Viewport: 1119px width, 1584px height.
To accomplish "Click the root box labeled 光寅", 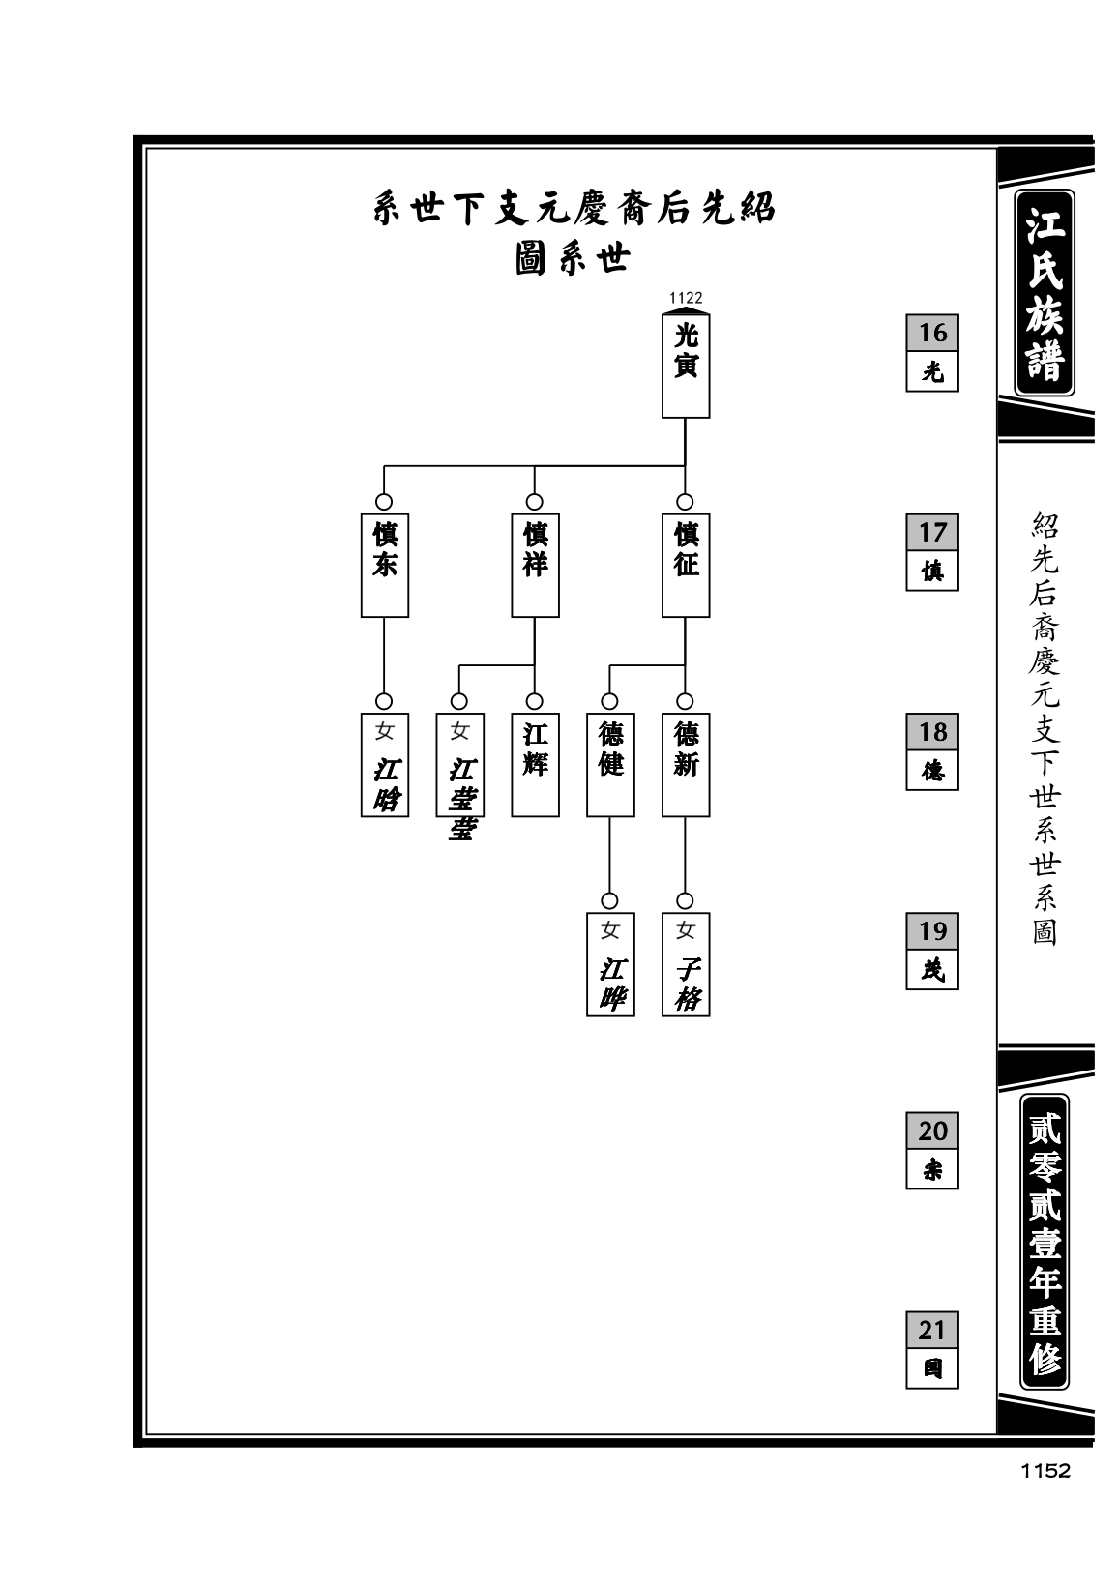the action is pyautogui.click(x=686, y=366).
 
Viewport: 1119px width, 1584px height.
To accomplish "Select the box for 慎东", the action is pyautogui.click(x=384, y=565).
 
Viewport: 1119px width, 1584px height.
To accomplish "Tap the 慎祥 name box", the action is pyautogui.click(x=535, y=565).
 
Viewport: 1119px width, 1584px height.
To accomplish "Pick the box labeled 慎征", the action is pyautogui.click(x=686, y=565).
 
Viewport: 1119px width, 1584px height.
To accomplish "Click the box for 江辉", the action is pyautogui.click(x=535, y=764).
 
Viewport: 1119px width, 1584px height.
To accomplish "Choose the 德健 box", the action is pyautogui.click(x=609, y=764).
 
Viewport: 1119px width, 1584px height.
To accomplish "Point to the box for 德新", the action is pyautogui.click(x=686, y=764).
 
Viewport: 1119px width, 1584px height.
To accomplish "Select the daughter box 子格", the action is pyautogui.click(x=686, y=964).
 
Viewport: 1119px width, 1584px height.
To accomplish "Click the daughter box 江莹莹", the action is pyautogui.click(x=459, y=764).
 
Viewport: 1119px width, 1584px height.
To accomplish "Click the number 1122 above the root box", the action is pyautogui.click(x=686, y=298).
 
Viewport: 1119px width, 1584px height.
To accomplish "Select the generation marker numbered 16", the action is pyautogui.click(x=932, y=352).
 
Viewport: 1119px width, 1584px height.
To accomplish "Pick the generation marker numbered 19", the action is pyautogui.click(x=932, y=951).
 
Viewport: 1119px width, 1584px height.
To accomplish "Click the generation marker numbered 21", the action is pyautogui.click(x=932, y=1349).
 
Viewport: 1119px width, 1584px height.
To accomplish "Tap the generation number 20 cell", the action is pyautogui.click(x=932, y=1130).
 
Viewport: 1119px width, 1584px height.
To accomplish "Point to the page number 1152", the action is pyautogui.click(x=1045, y=1470).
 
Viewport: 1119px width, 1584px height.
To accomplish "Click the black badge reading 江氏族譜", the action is pyautogui.click(x=1045, y=292).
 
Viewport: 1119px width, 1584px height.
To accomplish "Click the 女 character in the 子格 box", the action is pyautogui.click(x=686, y=930).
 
